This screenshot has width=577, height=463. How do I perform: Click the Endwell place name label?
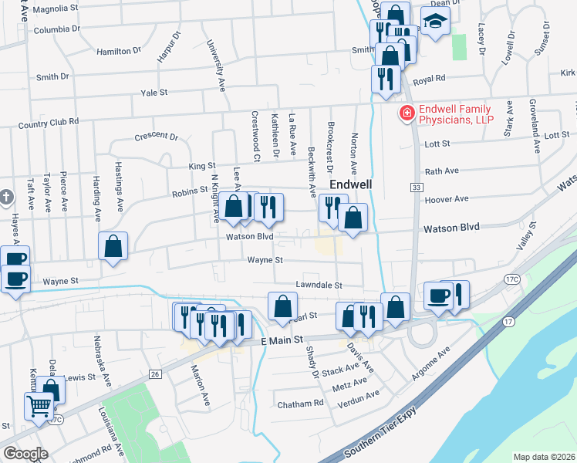(352, 186)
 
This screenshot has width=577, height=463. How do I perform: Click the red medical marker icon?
(405, 114)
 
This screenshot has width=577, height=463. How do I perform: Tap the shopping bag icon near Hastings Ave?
(113, 247)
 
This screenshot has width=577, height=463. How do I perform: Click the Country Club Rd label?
(49, 122)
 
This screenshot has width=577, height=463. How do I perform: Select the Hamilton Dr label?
(119, 50)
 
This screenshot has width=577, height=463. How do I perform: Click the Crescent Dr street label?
(156, 136)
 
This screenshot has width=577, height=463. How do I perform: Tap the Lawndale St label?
(318, 285)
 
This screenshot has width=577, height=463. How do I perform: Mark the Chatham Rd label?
(300, 404)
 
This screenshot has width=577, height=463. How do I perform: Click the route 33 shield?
(416, 188)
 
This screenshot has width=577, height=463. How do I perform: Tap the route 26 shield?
(155, 374)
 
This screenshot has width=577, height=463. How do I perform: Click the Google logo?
(25, 454)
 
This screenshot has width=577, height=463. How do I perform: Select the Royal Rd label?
(430, 79)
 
